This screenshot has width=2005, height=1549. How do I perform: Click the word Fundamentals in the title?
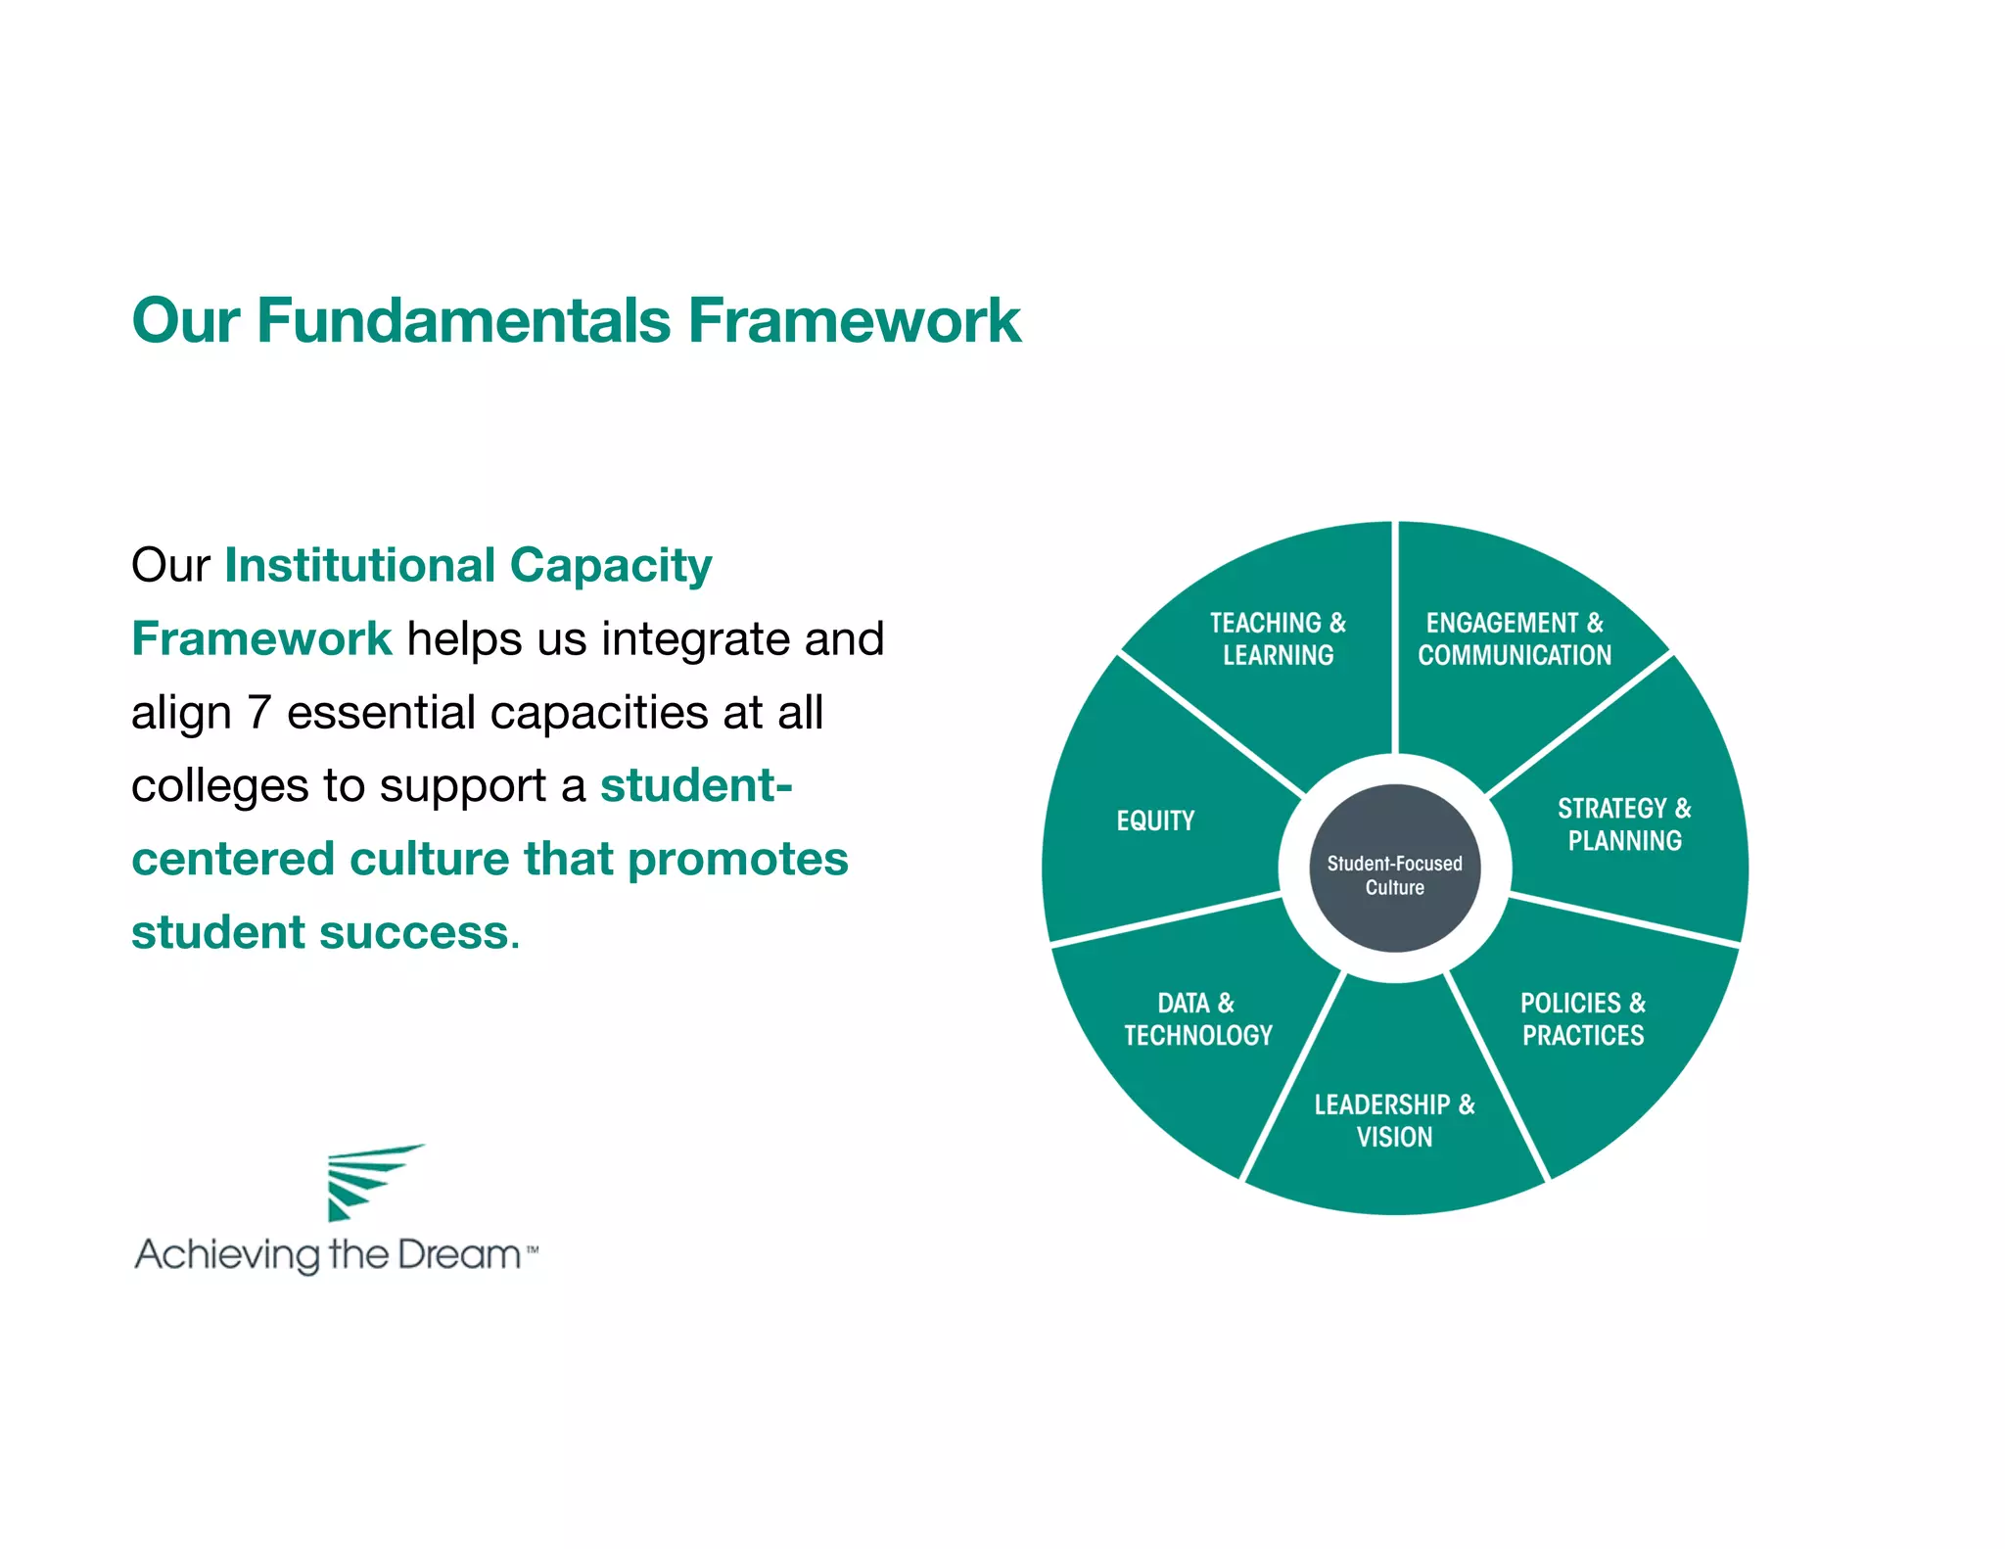[463, 321]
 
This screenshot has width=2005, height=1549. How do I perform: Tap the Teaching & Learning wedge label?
[1278, 638]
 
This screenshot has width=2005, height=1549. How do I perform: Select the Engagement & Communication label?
[1515, 638]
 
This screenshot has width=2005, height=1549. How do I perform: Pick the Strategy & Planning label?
[1624, 823]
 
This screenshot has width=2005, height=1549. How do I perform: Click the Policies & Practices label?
[1583, 1018]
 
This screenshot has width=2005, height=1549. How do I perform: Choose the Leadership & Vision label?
[1394, 1120]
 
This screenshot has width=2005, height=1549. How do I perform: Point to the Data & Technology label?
[1197, 1018]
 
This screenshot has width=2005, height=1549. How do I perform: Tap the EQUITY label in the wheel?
[1155, 821]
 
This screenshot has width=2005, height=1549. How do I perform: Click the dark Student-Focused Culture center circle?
[1394, 868]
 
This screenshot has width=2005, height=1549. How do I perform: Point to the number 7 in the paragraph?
[258, 713]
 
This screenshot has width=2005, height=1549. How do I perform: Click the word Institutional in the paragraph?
[360, 566]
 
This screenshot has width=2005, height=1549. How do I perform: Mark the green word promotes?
[737, 860]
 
